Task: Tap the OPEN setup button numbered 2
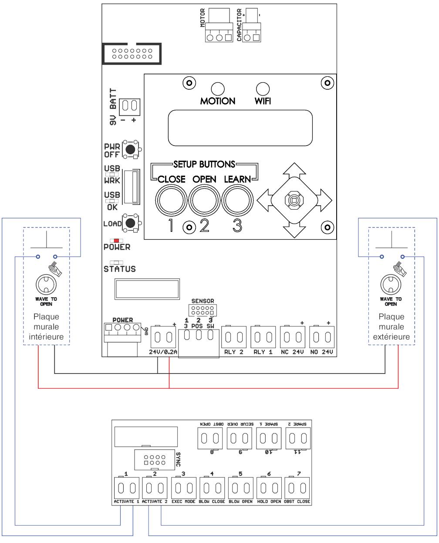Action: [204, 200]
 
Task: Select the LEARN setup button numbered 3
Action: [237, 200]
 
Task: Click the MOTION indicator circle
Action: [218, 89]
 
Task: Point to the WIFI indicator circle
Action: [263, 89]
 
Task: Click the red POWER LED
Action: [116, 241]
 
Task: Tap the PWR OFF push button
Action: [131, 149]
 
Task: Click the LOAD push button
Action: [131, 223]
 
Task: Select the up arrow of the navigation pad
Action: [294, 170]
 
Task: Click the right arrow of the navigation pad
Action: [324, 200]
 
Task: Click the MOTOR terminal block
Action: [219, 33]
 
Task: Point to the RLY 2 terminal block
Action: [233, 337]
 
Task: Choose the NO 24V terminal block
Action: [321, 337]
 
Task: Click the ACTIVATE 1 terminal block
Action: [127, 488]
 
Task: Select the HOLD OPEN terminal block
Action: [269, 488]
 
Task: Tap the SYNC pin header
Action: [155, 460]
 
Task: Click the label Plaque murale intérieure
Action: [46, 326]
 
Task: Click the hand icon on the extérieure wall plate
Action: [399, 269]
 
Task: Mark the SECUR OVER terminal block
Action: [239, 438]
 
